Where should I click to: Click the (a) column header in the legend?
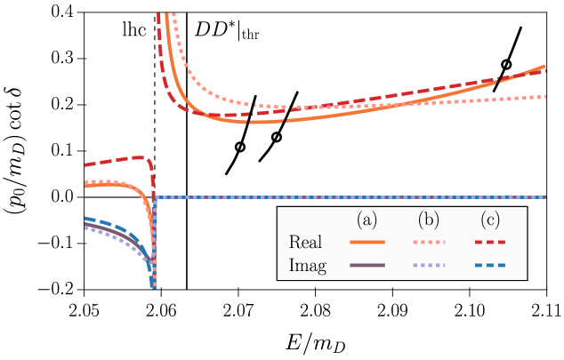tap(367, 220)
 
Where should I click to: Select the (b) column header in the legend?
tap(429, 220)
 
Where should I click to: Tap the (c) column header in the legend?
tap(489, 220)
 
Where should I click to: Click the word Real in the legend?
tap(306, 243)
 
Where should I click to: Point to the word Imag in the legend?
tap(308, 266)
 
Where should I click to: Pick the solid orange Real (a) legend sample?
tap(367, 242)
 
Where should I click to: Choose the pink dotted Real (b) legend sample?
tap(429, 242)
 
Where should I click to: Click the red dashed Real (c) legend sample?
tap(489, 242)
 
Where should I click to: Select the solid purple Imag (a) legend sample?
tap(367, 265)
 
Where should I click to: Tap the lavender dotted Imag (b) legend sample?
tap(429, 265)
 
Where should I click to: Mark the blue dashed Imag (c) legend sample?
tap(489, 265)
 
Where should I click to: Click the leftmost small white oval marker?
tap(240, 147)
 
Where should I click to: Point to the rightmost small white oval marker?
tap(506, 65)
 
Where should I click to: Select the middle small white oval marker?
tap(277, 137)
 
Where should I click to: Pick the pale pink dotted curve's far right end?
tap(544, 96)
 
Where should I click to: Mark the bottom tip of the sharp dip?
tap(154, 286)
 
